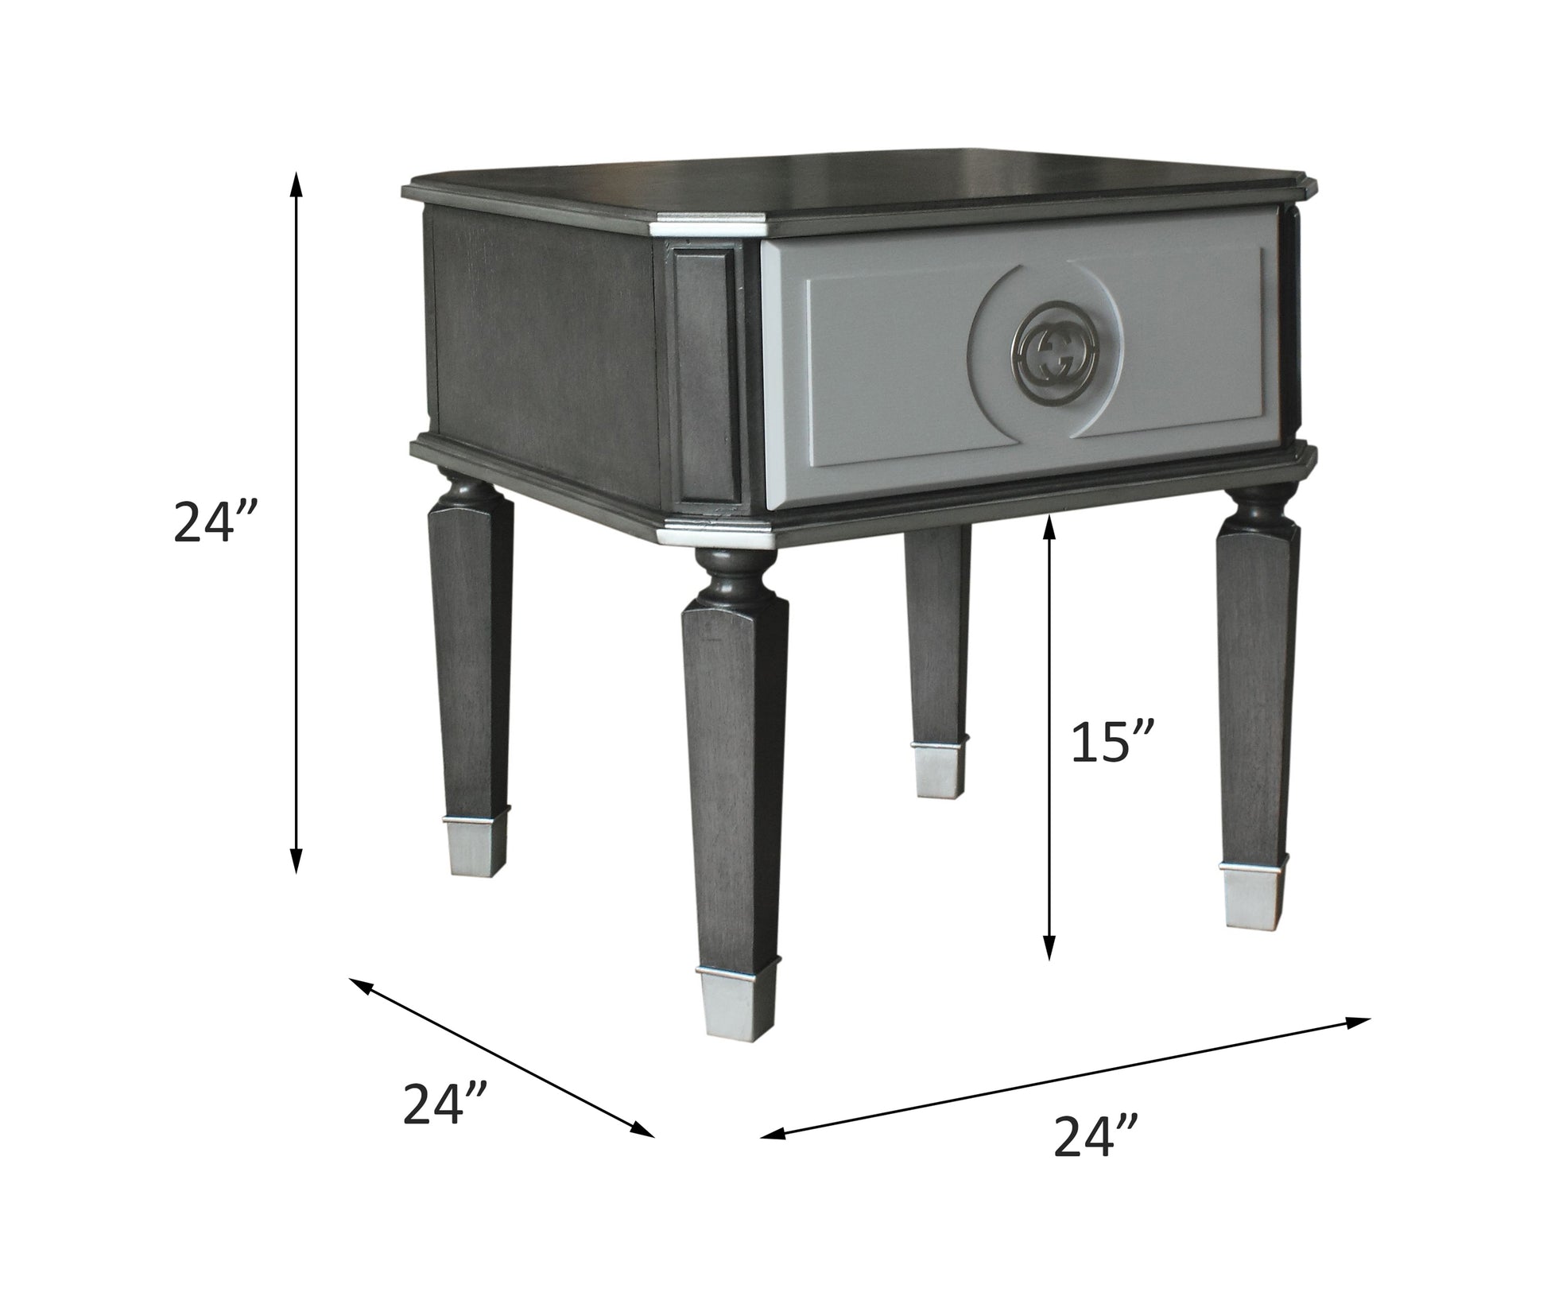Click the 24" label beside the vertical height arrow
tap(215, 522)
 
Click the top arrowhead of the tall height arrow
tap(296, 183)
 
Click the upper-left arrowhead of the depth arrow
tap(360, 984)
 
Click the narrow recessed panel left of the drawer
tap(704, 374)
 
